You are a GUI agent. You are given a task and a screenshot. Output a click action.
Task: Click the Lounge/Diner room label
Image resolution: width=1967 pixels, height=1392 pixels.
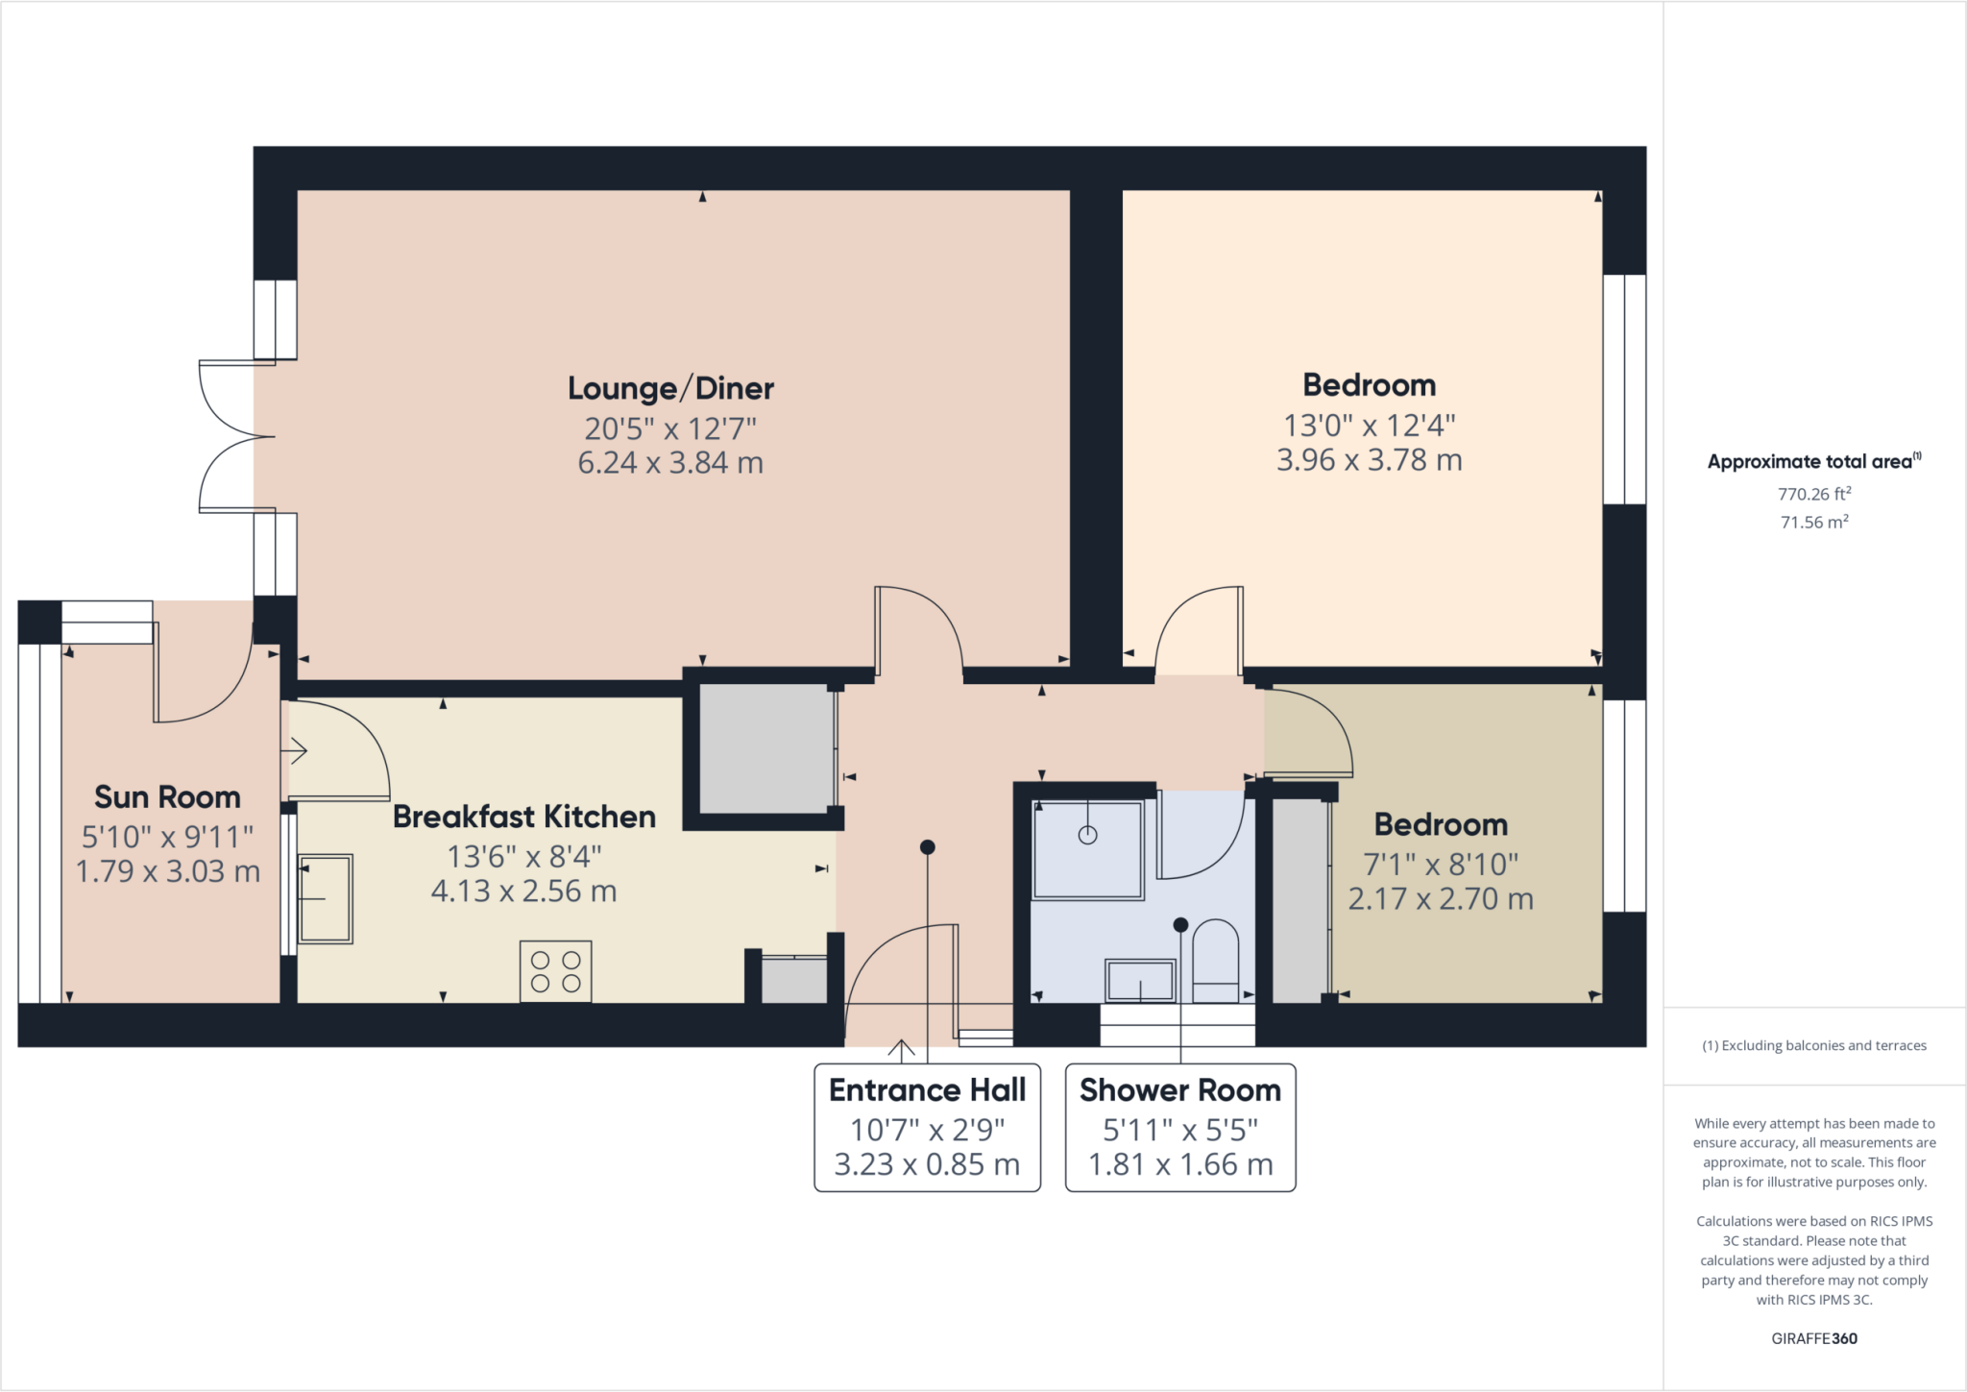tap(670, 388)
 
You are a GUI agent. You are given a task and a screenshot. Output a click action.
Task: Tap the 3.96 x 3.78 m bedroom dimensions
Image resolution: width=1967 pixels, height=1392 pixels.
tap(1369, 460)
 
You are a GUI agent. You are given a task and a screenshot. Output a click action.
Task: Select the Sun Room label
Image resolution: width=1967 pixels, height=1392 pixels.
tap(167, 797)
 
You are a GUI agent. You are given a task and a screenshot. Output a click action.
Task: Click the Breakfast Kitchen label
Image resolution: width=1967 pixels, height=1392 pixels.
tap(524, 817)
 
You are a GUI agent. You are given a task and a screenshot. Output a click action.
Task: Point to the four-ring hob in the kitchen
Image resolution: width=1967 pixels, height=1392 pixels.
tap(555, 971)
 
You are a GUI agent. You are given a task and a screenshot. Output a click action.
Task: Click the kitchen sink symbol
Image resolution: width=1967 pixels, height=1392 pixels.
tap(326, 898)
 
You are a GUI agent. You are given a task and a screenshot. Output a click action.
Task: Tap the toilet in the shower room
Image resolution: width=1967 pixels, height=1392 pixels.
tap(1215, 962)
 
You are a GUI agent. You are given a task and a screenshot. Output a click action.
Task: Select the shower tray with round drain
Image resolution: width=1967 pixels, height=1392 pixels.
tap(1087, 849)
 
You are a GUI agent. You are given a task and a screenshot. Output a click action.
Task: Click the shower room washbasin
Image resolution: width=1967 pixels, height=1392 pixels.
tap(1140, 981)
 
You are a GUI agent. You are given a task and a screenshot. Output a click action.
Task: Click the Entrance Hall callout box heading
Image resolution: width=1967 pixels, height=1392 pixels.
tap(927, 1090)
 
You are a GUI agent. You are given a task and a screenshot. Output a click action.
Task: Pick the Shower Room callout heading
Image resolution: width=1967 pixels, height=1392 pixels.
tap(1179, 1090)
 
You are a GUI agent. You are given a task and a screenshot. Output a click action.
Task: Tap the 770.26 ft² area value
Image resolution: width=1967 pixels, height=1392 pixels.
tap(1813, 494)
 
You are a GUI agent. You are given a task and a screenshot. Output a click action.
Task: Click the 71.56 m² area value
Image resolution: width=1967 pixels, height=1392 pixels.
tap(1813, 522)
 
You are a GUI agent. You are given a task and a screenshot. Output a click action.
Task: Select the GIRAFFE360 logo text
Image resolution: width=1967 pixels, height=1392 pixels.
tap(1813, 1338)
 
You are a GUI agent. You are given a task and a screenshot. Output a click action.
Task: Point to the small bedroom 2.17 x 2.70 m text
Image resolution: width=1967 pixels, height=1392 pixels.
tap(1440, 899)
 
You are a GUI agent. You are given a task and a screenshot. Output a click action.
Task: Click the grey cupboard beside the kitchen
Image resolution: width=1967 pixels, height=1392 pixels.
tap(765, 749)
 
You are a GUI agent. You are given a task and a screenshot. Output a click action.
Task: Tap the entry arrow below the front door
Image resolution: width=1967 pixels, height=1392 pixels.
tap(901, 1050)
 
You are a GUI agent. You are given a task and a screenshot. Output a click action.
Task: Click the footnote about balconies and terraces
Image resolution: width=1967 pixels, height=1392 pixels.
tap(1813, 1045)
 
